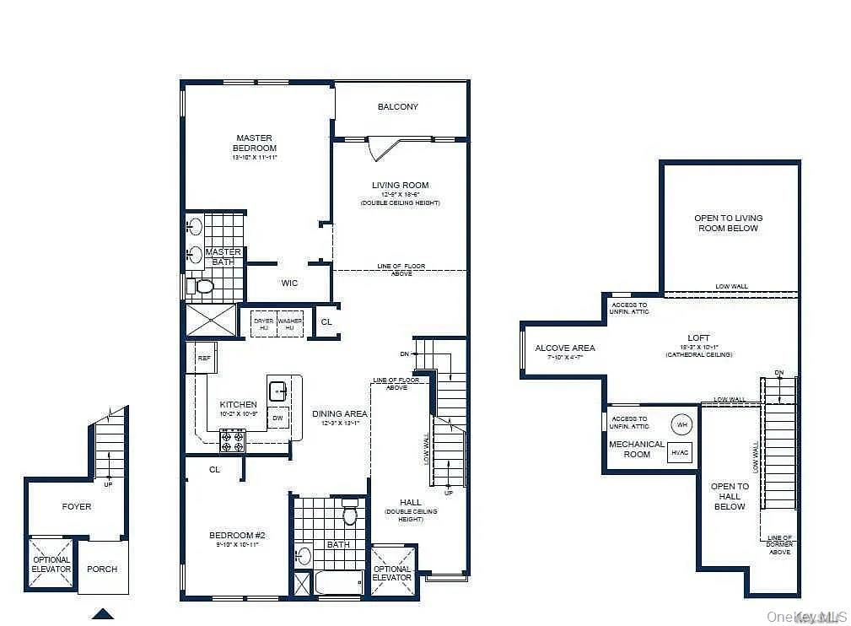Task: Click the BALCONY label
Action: coord(398,107)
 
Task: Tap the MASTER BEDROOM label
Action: coord(255,143)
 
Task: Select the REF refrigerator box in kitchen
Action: coord(204,358)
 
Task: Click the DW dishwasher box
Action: coord(278,417)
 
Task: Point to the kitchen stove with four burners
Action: coord(232,441)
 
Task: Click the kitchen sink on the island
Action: coord(278,391)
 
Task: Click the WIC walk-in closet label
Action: coord(289,283)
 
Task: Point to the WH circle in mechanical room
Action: coord(681,424)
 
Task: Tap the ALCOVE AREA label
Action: coord(565,348)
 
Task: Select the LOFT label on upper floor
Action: coord(698,338)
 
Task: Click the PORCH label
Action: coord(102,569)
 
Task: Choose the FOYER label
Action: coord(76,506)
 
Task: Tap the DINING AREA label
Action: coord(340,413)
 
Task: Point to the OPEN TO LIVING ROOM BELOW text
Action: coord(728,223)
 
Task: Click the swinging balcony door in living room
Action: coord(386,149)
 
